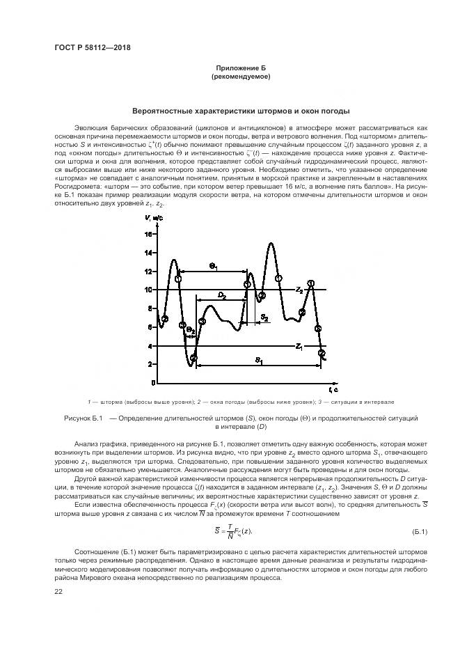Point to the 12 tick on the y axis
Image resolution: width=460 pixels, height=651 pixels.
pyautogui.click(x=148, y=272)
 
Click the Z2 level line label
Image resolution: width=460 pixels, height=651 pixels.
pyautogui.click(x=299, y=288)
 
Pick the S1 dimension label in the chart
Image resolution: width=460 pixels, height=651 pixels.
pyautogui.click(x=258, y=360)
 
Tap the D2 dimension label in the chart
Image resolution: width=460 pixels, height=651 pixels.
pyautogui.click(x=222, y=295)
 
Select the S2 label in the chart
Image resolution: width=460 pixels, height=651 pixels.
pyautogui.click(x=265, y=317)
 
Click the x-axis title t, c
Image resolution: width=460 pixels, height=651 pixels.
pyautogui.click(x=333, y=388)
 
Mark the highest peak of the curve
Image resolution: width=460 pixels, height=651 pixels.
pyautogui.click(x=271, y=244)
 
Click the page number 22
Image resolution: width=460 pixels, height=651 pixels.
pyautogui.click(x=58, y=592)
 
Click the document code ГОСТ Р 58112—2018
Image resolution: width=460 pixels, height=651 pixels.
pyautogui.click(x=92, y=47)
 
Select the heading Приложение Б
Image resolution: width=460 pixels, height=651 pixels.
pyautogui.click(x=240, y=68)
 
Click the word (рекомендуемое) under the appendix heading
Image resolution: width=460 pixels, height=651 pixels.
pyautogui.click(x=240, y=77)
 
